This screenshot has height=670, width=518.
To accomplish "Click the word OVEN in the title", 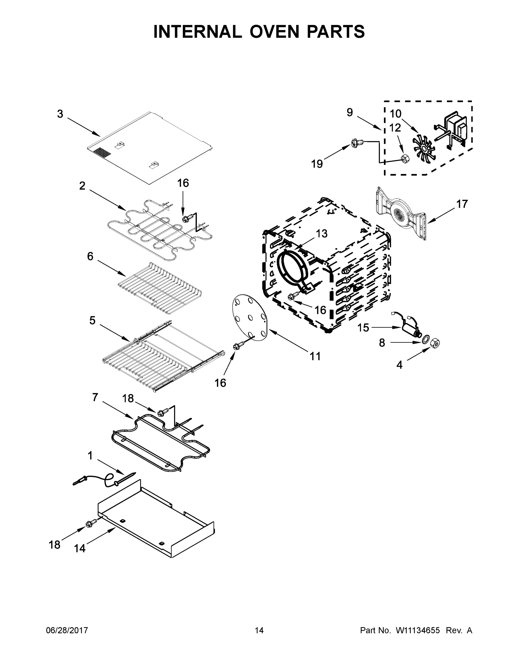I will point(274,32).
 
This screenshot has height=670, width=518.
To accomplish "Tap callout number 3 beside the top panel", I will point(60,114).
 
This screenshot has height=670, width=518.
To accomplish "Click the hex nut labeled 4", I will point(436,343).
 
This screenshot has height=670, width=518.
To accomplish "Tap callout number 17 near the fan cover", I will point(462,204).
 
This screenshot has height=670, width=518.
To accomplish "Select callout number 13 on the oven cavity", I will point(322,234).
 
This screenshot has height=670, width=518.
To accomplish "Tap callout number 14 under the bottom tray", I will point(80,549).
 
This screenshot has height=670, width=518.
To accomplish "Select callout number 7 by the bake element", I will point(95,397).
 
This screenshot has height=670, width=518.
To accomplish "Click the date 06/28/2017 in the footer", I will point(67,630).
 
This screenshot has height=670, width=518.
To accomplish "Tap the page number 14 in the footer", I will point(259,630).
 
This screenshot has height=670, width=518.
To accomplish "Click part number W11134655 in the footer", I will point(418,630).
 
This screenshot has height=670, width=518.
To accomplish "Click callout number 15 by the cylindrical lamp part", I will point(363,328).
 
